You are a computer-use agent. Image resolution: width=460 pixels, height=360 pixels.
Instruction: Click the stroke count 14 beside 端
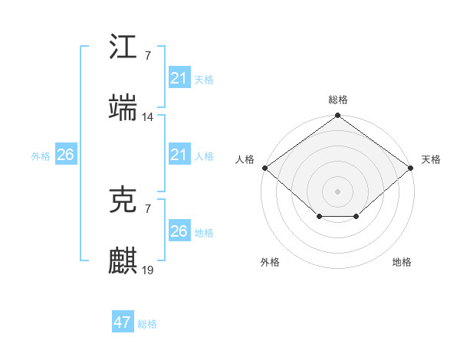148,116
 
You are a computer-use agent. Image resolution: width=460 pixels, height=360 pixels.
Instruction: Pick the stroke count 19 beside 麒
148,270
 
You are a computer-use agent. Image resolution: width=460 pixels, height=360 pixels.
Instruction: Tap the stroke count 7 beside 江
147,56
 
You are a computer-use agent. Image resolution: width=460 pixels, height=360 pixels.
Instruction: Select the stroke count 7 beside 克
147,208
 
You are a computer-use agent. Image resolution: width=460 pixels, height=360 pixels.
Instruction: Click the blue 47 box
123,322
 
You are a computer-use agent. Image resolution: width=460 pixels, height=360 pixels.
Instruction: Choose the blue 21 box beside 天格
179,78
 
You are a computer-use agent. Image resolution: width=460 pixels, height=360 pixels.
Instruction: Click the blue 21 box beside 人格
179,155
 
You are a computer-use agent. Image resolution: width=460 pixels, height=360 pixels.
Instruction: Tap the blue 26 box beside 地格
179,231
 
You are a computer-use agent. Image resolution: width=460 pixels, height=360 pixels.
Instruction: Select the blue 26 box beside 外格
65,155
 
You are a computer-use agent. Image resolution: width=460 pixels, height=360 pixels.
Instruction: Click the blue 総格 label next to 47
147,324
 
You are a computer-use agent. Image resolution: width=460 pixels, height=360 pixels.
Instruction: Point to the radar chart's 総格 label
338,100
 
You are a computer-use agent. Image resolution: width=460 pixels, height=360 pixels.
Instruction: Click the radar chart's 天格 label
431,159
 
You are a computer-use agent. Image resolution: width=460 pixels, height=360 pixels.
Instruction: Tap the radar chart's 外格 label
270,262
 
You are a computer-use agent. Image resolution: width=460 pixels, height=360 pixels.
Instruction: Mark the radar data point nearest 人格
264,168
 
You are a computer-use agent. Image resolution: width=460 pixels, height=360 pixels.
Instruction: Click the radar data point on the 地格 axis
356,217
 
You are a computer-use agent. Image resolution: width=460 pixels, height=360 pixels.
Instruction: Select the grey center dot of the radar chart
337,191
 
